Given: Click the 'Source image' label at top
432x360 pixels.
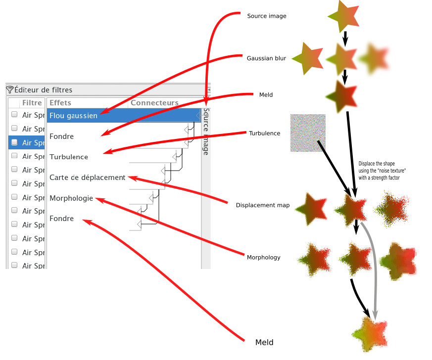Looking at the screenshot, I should (x=266, y=16).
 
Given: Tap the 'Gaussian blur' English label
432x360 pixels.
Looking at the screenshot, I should (x=266, y=58).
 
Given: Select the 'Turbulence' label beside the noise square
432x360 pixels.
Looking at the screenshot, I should (x=264, y=134).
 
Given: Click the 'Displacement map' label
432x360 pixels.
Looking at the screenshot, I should (x=263, y=205).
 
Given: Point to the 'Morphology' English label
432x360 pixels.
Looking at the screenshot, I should (x=263, y=257).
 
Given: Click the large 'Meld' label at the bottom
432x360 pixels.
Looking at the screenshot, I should (x=264, y=342).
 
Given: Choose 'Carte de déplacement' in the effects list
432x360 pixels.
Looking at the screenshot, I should (x=87, y=178).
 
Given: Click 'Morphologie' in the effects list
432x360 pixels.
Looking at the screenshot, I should (x=71, y=198).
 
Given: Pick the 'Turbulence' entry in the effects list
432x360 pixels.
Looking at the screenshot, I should (x=69, y=157).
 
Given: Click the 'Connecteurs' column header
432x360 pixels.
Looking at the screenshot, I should (x=154, y=103).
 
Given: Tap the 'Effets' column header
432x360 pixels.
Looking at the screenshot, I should (x=60, y=103).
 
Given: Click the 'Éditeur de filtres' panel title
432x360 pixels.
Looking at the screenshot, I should (x=43, y=90).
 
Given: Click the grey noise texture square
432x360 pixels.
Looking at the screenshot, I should (x=308, y=133).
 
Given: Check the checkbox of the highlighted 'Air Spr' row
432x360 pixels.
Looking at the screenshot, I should (x=14, y=142).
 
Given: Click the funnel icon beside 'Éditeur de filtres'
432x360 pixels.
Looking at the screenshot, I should (x=9, y=90).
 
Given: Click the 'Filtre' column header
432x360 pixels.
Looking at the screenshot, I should (x=32, y=103).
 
